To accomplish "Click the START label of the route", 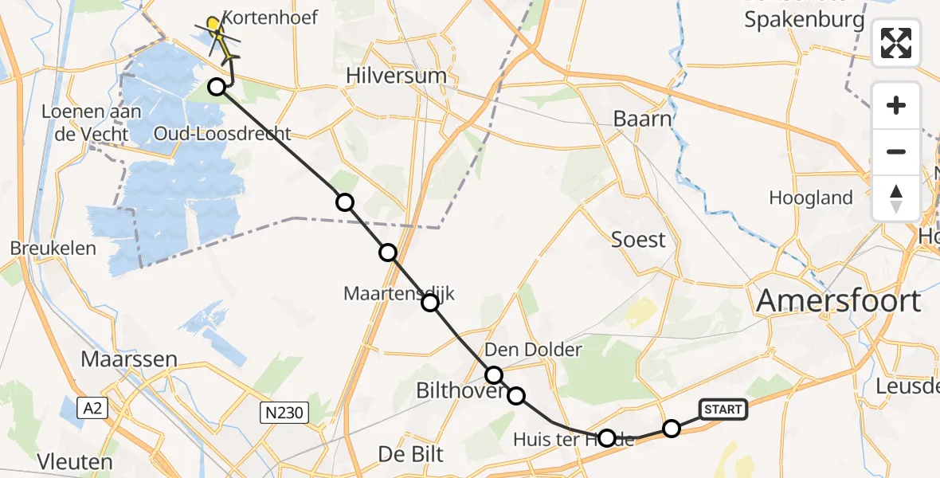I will (723, 409).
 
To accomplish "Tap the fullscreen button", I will (896, 42).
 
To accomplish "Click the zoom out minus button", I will (896, 151).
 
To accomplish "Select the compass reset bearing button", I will (896, 198).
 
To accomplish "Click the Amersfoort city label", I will (838, 301).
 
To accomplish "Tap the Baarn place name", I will (642, 119).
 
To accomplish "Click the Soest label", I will (637, 239).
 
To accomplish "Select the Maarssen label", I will (128, 359).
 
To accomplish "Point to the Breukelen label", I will (53, 248).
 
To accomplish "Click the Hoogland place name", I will (811, 198).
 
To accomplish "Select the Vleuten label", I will (75, 462).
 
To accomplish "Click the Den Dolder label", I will (533, 349).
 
